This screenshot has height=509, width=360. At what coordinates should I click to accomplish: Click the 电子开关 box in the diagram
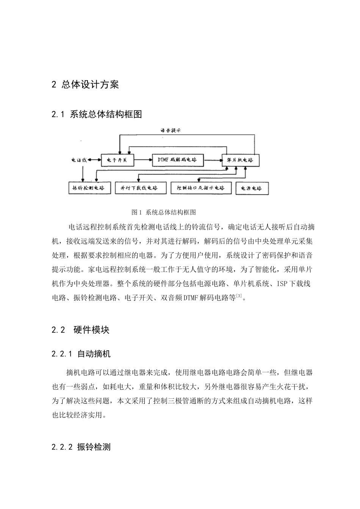[x=117, y=160]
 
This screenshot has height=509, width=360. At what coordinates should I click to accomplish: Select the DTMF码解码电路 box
[x=177, y=160]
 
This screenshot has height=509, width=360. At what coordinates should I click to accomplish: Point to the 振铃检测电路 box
[x=89, y=188]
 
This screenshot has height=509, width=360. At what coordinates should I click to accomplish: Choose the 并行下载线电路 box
[x=139, y=188]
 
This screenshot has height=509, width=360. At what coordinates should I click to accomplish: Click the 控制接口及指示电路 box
[x=200, y=188]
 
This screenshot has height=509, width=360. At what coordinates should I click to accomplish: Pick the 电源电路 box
[x=252, y=188]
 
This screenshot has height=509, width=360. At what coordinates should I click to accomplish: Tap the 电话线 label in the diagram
[x=79, y=160]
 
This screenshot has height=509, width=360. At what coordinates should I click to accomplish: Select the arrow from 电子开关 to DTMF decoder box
[x=143, y=160]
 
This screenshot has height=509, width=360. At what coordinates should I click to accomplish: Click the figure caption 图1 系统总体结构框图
[x=163, y=212]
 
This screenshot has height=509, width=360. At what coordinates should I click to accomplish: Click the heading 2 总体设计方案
[x=85, y=84]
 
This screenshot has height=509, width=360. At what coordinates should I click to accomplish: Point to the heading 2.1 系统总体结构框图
[x=97, y=114]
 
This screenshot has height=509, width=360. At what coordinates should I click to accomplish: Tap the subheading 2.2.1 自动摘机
[x=81, y=354]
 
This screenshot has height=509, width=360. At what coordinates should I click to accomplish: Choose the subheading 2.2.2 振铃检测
[x=81, y=447]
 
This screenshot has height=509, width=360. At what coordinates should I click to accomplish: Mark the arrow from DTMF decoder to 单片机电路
[x=213, y=160]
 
